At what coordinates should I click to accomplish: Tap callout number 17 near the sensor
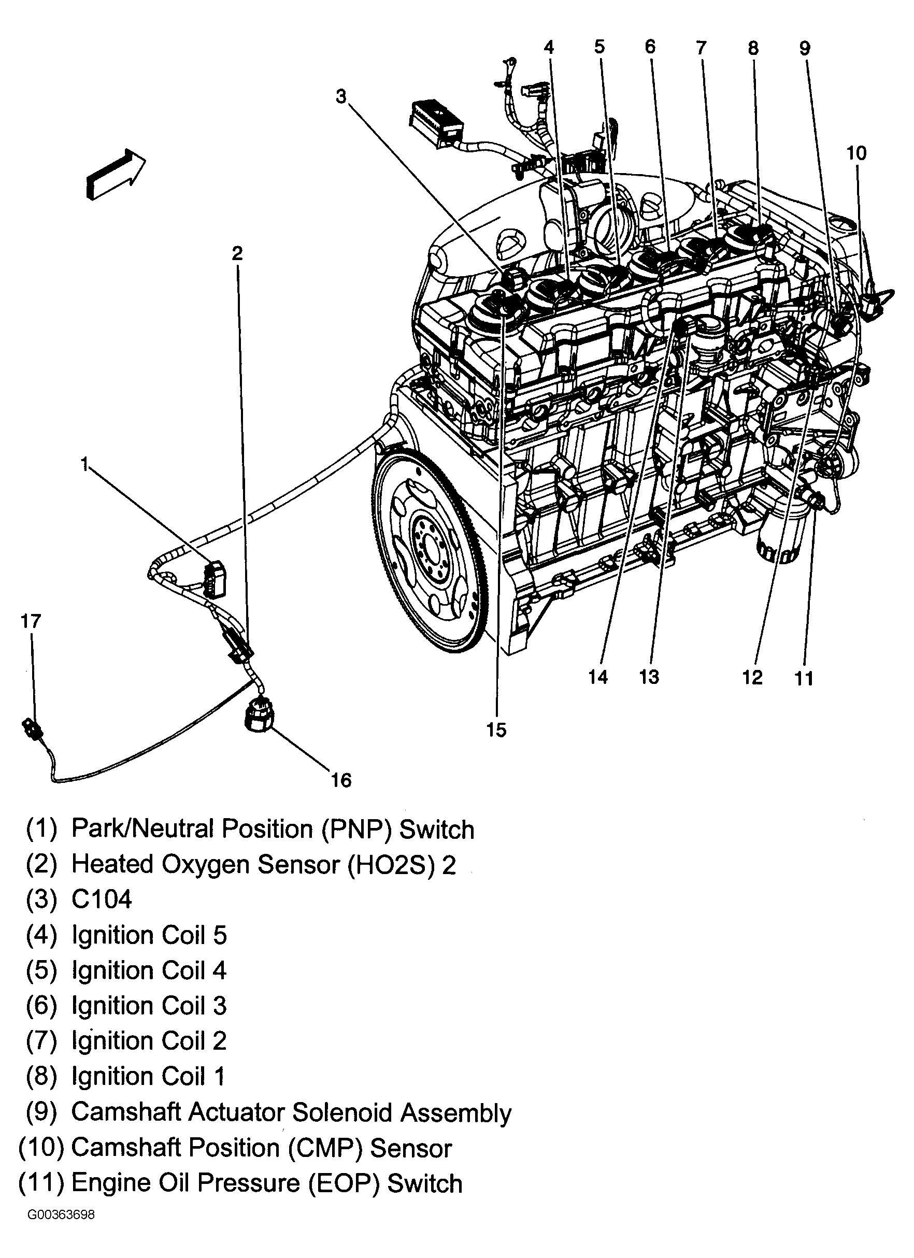pyautogui.click(x=31, y=621)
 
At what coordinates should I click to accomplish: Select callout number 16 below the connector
pyautogui.click(x=341, y=780)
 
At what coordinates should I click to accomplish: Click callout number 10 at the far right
pyautogui.click(x=856, y=153)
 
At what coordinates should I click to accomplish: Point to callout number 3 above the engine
pyautogui.click(x=340, y=96)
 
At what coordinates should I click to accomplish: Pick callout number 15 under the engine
pyautogui.click(x=496, y=730)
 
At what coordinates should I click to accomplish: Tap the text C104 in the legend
pyautogui.click(x=102, y=899)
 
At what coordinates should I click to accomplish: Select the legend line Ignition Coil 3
pyautogui.click(x=149, y=1006)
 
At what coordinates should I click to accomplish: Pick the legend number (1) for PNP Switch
pyautogui.click(x=41, y=828)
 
